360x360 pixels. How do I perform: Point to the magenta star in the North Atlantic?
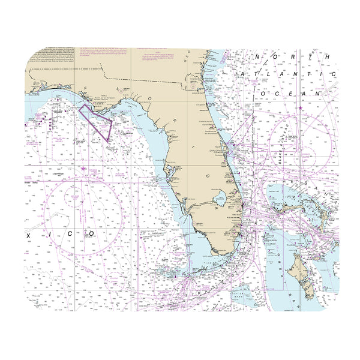pyautogui.click(x=300, y=108)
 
